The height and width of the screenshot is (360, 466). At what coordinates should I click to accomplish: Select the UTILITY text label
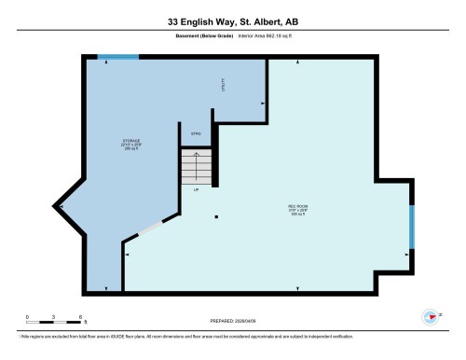(x=223, y=85)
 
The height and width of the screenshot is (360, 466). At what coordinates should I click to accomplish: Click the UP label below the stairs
(x=197, y=190)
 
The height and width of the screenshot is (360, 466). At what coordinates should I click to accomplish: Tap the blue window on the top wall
(x=118, y=57)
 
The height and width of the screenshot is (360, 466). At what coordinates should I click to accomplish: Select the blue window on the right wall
(x=411, y=223)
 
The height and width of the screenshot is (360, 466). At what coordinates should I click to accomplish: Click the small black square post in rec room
(x=217, y=218)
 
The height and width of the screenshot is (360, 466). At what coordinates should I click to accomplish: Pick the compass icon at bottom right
(x=430, y=316)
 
